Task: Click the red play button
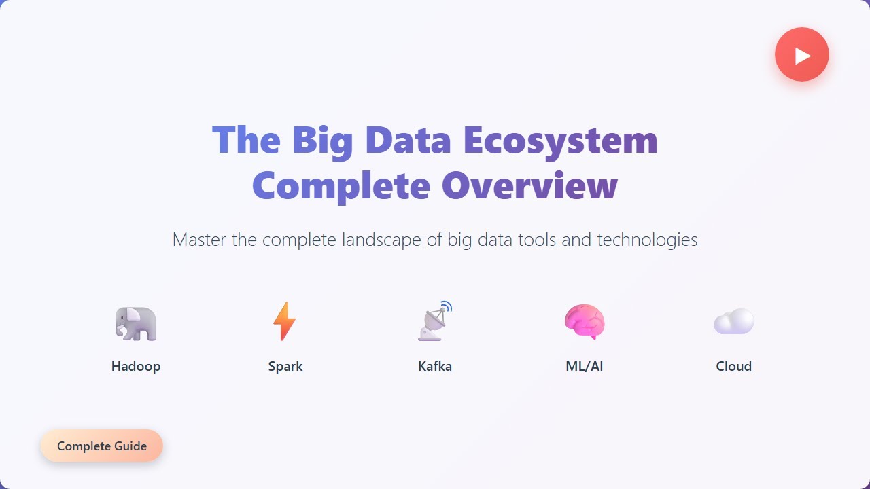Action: pos(802,54)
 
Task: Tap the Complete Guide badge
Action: pos(102,446)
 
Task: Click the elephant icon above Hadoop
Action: pos(136,323)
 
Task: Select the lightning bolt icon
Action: pos(285,321)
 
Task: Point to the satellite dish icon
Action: pos(435,321)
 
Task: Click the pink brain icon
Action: pos(585,321)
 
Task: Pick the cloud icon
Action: pos(734,321)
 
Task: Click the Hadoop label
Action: pos(136,367)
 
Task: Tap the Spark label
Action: pos(285,367)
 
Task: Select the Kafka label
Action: pos(435,367)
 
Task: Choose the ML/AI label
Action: pos(585,367)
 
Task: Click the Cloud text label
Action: pos(734,367)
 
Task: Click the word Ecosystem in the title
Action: pos(560,141)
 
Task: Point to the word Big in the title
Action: pos(322,141)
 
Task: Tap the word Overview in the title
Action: pos(529,185)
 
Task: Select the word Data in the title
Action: pos(408,141)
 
